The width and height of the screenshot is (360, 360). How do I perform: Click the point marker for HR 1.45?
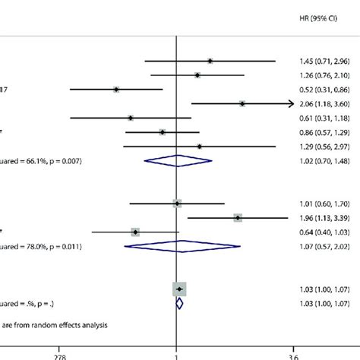(x=210, y=61)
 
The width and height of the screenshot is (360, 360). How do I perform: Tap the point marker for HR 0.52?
(x=116, y=89)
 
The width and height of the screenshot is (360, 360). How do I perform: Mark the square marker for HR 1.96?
(x=238, y=217)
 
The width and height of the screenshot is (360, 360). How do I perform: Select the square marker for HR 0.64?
(x=135, y=232)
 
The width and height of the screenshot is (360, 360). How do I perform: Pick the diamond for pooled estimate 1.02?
(x=177, y=160)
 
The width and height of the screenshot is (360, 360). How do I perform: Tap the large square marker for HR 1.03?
(x=179, y=289)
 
